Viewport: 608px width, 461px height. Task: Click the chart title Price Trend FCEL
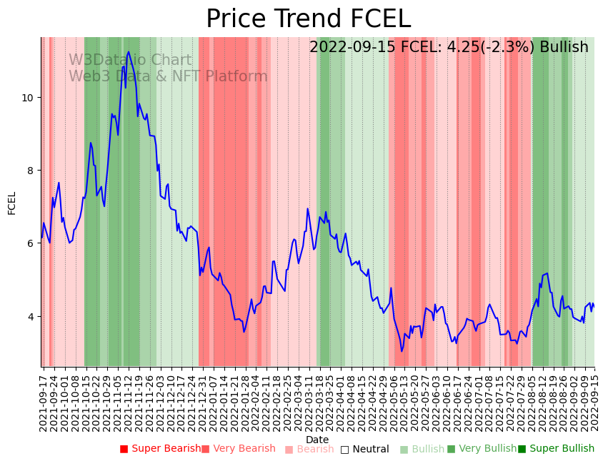point(308,19)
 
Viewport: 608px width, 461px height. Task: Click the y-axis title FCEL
point(12,203)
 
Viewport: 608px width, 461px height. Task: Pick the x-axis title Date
point(317,440)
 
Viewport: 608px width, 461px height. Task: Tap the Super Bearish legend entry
point(161,449)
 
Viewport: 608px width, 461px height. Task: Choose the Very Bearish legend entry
point(239,449)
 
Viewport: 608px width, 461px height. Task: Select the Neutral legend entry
point(365,449)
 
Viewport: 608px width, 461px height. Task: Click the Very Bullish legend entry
point(482,449)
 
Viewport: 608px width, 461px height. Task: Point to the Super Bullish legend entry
point(557,449)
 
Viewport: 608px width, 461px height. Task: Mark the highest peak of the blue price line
point(129,52)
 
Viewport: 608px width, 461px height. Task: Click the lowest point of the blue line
point(402,351)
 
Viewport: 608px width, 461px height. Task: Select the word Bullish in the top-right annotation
point(564,47)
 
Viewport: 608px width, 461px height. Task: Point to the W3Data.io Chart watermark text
point(130,61)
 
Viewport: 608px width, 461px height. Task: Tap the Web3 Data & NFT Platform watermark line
point(168,76)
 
